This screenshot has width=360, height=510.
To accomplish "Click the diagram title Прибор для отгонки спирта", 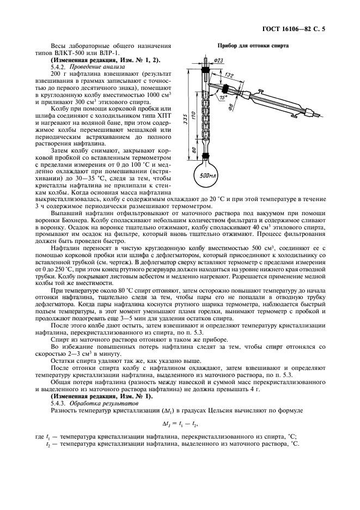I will [253, 46].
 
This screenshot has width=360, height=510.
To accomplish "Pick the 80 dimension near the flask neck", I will [194, 148].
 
